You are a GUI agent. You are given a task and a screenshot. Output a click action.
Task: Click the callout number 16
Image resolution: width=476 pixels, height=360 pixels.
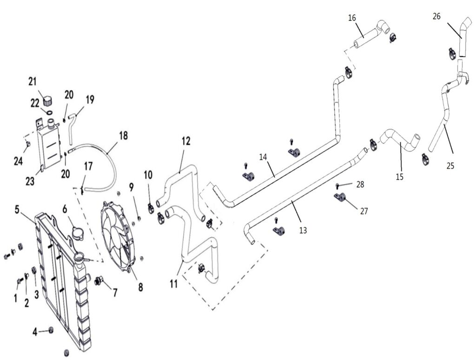[x=352, y=18]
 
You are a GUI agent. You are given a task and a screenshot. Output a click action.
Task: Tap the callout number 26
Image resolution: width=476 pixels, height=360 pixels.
[x=436, y=16]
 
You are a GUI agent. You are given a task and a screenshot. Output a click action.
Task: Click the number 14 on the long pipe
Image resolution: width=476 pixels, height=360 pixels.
[x=263, y=157]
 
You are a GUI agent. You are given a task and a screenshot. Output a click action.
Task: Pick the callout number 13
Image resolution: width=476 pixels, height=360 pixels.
[x=303, y=229]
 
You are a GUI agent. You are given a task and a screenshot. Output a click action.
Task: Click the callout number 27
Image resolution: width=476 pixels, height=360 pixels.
[x=364, y=211]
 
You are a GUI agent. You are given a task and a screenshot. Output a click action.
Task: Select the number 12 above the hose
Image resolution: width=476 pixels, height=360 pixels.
[x=186, y=141]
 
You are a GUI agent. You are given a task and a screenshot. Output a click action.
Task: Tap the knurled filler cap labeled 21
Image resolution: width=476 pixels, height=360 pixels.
[x=46, y=99]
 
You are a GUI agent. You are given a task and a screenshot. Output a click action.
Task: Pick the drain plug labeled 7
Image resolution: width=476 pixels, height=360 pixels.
[x=98, y=280]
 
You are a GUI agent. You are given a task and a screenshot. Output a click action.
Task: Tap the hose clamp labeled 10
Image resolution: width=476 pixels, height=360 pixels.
[x=151, y=207]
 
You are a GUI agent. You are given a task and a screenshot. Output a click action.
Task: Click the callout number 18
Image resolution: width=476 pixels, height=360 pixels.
[x=123, y=136]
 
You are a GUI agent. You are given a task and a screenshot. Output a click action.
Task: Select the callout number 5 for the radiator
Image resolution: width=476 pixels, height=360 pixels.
[x=17, y=209]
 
